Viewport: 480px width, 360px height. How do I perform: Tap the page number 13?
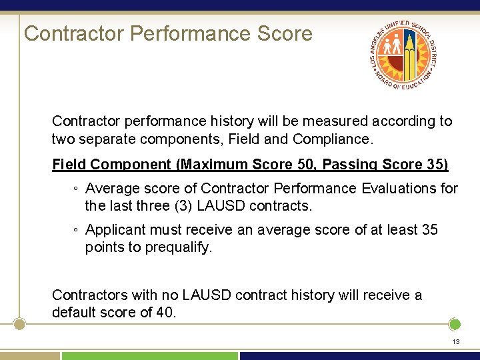(456, 341)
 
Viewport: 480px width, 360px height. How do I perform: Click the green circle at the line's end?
(455, 325)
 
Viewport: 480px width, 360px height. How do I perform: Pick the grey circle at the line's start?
(19, 325)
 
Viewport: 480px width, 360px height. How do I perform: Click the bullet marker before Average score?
(77, 189)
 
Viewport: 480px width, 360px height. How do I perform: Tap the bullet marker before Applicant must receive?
(77, 231)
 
